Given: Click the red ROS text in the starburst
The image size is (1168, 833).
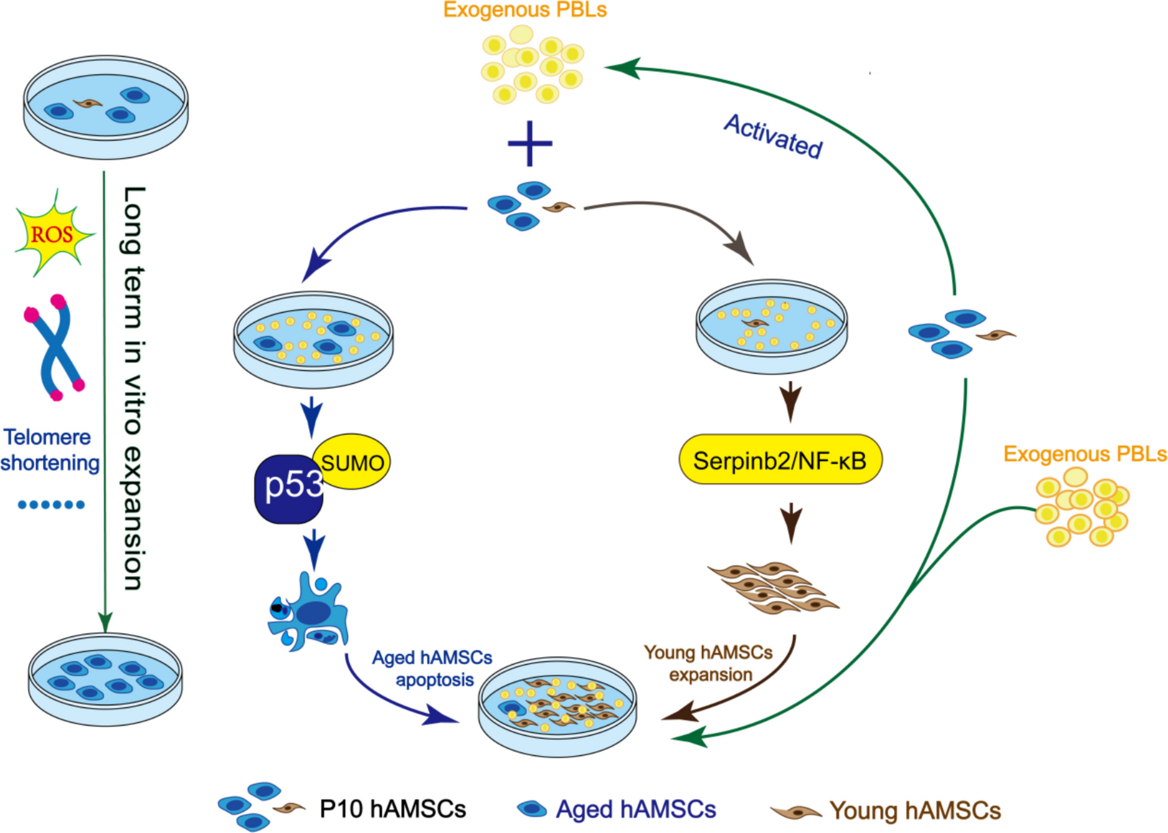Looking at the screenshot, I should (52, 235).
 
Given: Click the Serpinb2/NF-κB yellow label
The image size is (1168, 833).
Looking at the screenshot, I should (779, 461).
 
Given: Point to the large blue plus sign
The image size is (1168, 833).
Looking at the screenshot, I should (530, 144).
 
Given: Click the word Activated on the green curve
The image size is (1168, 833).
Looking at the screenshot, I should (773, 136).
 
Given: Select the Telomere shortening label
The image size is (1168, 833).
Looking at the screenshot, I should (49, 450).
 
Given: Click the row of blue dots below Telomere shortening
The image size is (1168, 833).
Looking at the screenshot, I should (51, 504).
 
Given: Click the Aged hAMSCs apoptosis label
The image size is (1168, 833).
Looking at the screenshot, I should (432, 668).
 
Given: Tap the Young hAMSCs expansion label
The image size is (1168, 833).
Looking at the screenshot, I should (709, 663).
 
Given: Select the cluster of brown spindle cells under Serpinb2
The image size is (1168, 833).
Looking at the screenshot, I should (773, 587).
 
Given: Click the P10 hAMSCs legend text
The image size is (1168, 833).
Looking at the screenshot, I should (392, 809).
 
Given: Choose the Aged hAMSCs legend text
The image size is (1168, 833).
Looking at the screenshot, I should (635, 809).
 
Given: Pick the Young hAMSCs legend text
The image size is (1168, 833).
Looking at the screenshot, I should (915, 810).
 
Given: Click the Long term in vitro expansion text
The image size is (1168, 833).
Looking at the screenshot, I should (133, 387).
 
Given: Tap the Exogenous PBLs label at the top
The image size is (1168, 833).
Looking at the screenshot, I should (525, 10).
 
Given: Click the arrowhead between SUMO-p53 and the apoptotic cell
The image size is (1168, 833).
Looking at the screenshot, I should (314, 551).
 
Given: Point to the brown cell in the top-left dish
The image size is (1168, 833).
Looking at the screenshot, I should (88, 104).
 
